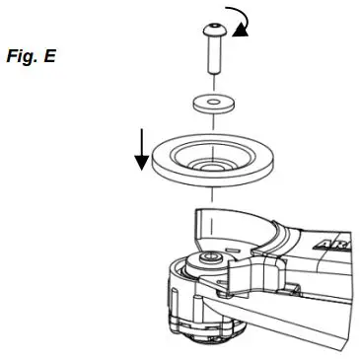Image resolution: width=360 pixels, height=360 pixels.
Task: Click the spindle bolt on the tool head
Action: point(210,258)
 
